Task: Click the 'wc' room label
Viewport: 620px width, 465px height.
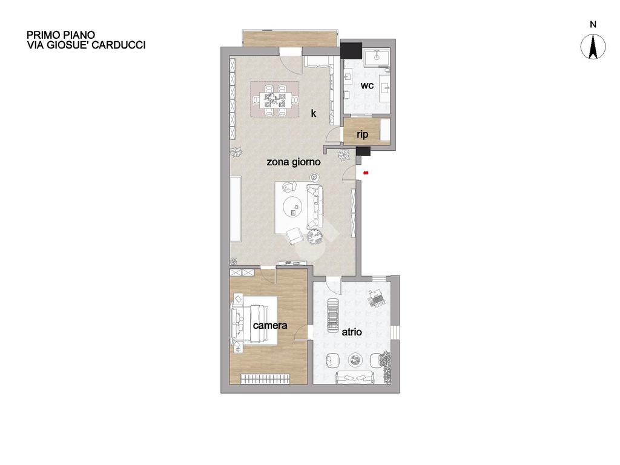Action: pos(367,85)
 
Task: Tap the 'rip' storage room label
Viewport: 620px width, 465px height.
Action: pos(362,134)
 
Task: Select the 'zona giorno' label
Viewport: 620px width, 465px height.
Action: pos(294,162)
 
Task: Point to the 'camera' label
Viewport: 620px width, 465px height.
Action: pos(270,325)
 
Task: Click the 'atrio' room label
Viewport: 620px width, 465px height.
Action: pos(352,332)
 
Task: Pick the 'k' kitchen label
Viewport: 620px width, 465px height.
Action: pos(314,113)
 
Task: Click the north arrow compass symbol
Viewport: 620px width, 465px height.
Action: pos(593,47)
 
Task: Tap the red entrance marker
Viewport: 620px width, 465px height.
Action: pos(366,173)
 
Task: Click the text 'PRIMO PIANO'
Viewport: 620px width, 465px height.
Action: pos(61,35)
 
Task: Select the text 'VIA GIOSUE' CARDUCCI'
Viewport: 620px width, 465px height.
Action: pos(86,45)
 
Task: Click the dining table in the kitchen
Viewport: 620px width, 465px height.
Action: pos(274,99)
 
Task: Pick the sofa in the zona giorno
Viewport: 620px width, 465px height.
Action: pos(315,207)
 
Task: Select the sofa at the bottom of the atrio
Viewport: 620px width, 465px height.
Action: pos(355,377)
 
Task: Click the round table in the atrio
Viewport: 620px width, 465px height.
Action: pos(355,360)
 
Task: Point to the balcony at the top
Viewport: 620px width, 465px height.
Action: pos(291,38)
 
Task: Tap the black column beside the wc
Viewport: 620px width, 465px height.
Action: pos(351,50)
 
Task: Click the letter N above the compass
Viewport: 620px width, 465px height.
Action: pos(593,24)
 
